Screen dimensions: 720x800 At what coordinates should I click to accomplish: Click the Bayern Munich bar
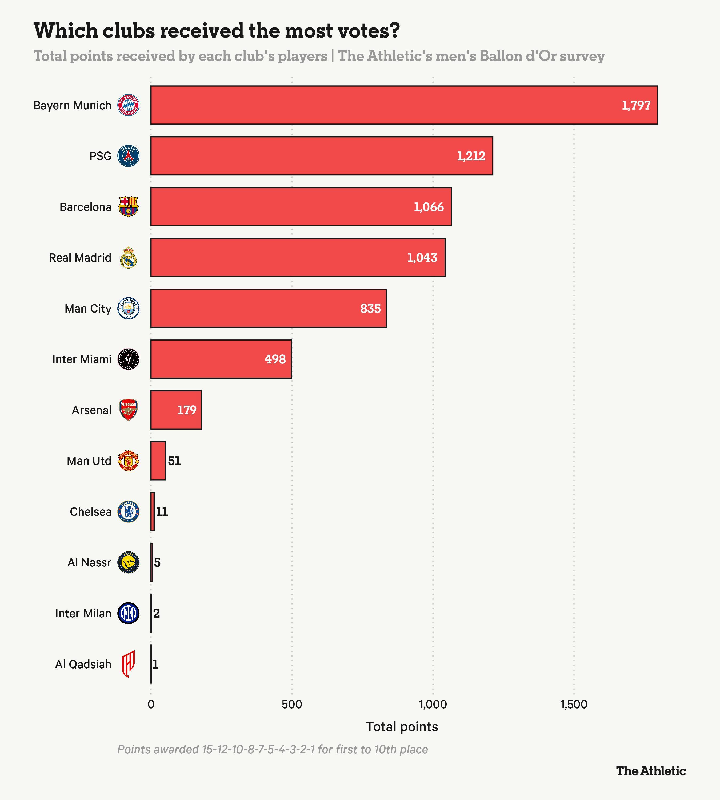pos(404,105)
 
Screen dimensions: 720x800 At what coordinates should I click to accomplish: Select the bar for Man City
pos(269,308)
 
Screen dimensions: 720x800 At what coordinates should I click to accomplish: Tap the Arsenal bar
pos(176,410)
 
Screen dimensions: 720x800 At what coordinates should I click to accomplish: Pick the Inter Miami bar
pos(221,359)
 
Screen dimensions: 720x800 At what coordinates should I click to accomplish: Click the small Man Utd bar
pos(158,461)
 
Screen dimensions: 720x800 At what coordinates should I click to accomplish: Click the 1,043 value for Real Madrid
pos(422,258)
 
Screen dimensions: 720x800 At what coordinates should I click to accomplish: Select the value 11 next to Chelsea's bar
pos(162,511)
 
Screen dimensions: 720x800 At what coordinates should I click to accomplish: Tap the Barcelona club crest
pos(128,206)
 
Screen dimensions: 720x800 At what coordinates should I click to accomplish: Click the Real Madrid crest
pos(128,258)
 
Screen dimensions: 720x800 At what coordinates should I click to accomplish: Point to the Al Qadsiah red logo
pos(128,664)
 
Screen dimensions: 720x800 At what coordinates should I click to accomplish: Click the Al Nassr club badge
pos(128,562)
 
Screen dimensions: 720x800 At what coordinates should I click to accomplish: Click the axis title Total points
pos(402,726)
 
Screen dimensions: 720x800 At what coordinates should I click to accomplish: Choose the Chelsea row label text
pos(91,511)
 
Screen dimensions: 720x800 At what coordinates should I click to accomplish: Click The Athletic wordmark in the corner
pos(651,771)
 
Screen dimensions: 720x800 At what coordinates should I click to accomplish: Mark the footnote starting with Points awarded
pos(273,749)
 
